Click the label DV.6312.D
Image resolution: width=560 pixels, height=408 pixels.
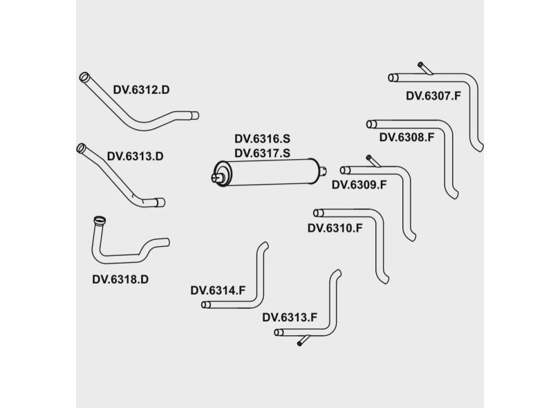coord(141,90)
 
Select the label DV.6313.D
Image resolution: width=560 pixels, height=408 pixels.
coord(135,156)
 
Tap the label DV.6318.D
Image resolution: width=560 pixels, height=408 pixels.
coord(120,279)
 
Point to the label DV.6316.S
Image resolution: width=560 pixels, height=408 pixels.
coord(262,139)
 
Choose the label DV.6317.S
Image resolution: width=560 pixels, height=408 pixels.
coord(262,153)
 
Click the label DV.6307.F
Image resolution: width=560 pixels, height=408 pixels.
coord(433,96)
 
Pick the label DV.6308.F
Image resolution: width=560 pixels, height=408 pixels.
coord(407,137)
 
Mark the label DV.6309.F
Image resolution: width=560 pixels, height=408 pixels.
coord(359,185)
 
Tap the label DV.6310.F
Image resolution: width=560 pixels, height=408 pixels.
coord(335,228)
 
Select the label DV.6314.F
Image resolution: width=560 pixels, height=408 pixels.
coord(218,290)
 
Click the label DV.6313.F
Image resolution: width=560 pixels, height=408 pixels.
coord(290,317)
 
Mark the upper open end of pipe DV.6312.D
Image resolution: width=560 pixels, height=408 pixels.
coord(84,76)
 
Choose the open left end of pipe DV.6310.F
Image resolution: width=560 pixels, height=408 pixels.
coord(317,213)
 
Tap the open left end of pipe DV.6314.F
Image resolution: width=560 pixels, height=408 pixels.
coord(205,304)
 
